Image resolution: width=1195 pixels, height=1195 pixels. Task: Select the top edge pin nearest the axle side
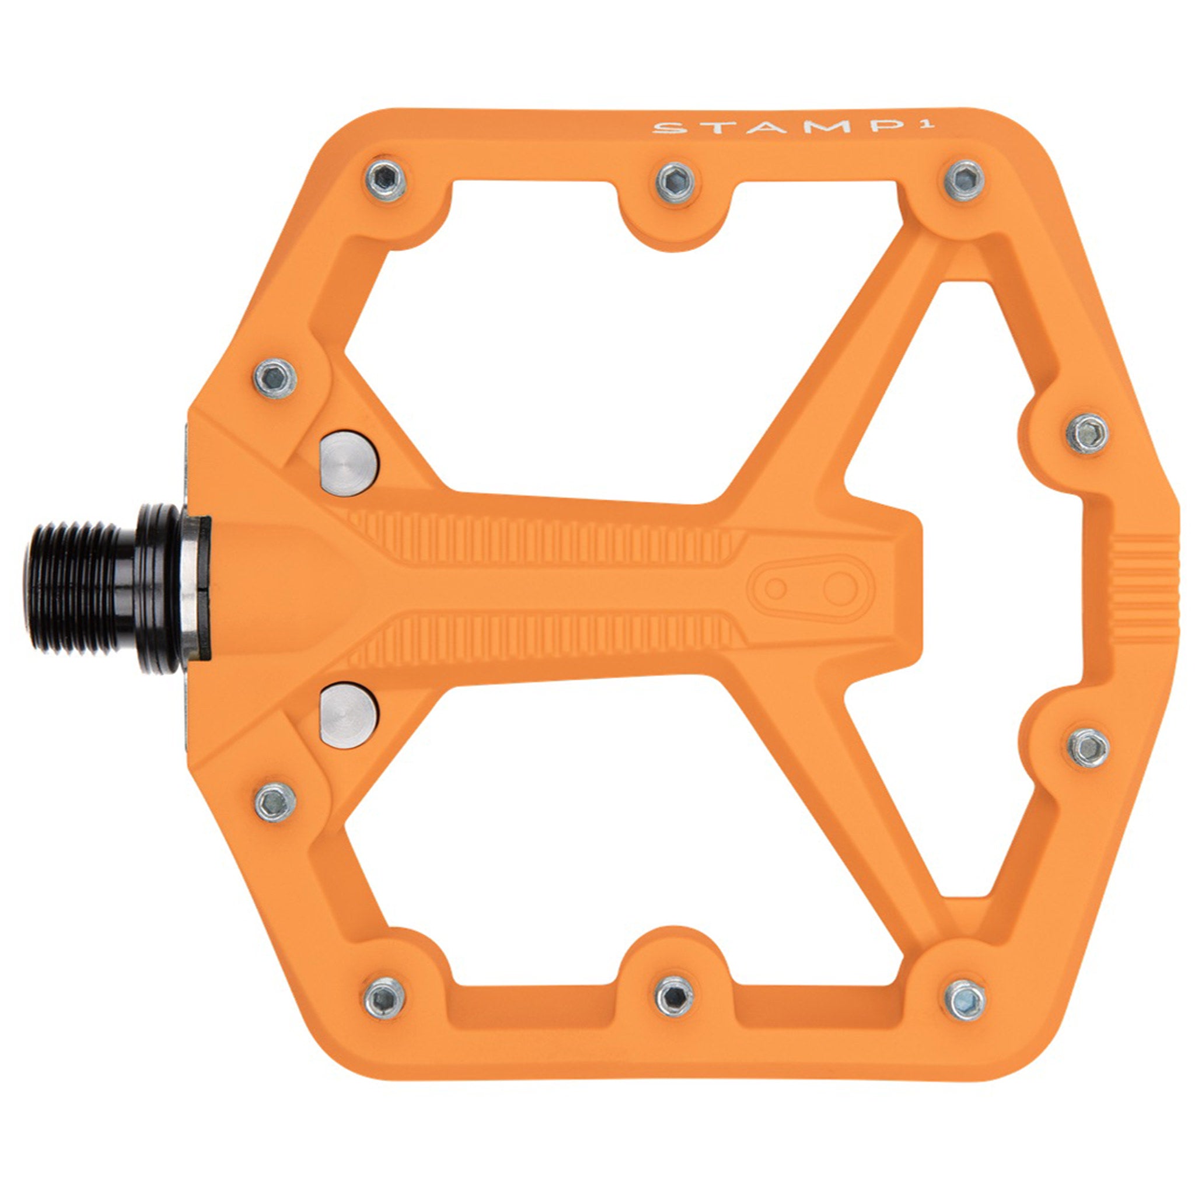pos(385,179)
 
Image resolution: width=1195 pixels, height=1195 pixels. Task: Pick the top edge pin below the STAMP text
pos(965,179)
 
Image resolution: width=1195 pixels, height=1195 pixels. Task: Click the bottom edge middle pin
pos(674,997)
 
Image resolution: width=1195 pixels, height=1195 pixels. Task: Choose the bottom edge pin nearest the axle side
pos(385,998)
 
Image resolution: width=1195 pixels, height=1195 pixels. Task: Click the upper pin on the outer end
pos(1088,434)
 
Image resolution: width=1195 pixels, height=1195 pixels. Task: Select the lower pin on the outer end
pos(1089,747)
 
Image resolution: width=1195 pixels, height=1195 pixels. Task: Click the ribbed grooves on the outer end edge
pos(1144,588)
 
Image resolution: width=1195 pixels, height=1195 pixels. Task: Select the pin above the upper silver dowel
pos(275,378)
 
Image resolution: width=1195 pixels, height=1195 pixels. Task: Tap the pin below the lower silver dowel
pos(275,802)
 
